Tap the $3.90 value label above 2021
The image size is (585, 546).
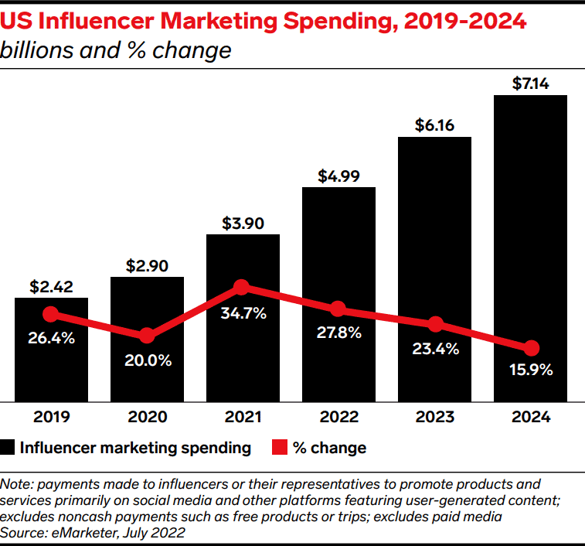[x=243, y=224]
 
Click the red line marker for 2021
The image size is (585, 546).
[x=242, y=288]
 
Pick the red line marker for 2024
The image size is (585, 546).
[x=530, y=348]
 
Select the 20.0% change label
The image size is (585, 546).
[x=147, y=360]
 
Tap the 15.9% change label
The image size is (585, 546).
[x=530, y=370]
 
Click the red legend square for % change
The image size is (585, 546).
[x=279, y=448]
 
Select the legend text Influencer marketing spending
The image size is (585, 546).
[x=135, y=448]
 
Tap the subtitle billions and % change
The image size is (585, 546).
[x=116, y=50]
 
